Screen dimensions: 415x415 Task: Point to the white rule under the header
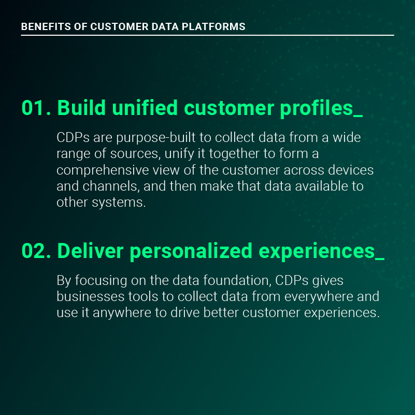207,35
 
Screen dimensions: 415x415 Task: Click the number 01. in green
36,108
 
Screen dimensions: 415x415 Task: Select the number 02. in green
36,251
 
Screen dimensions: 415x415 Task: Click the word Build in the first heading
81,108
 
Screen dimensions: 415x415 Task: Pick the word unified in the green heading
145,108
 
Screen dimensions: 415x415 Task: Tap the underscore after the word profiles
358,116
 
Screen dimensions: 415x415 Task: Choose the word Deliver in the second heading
90,251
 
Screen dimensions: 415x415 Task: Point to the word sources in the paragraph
135,154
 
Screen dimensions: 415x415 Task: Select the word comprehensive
103,170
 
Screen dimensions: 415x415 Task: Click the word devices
351,170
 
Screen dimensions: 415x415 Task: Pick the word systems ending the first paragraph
119,203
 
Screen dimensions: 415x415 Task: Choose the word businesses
91,296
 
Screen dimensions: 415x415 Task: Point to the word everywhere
319,297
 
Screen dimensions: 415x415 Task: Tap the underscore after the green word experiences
380,259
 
